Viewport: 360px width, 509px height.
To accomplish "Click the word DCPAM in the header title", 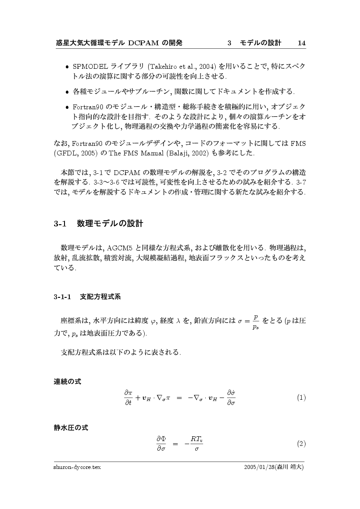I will (143, 43).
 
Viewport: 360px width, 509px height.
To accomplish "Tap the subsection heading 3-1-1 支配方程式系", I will (87, 297).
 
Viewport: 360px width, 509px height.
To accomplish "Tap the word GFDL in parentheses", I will (66, 154).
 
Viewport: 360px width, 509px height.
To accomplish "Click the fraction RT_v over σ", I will (197, 444).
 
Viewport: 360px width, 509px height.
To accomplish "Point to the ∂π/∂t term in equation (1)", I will (128, 398).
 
